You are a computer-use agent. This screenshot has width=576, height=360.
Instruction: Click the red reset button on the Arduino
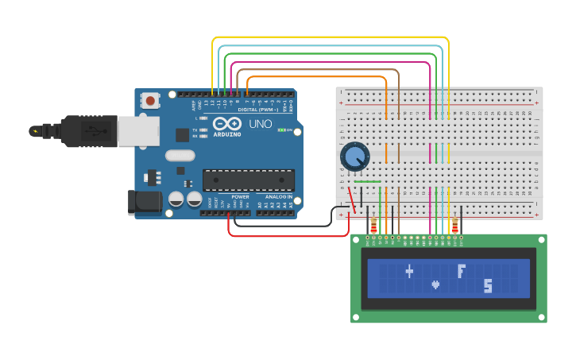pyautogui.click(x=149, y=100)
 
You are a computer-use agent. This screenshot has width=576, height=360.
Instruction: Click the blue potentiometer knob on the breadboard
pyautogui.click(x=354, y=157)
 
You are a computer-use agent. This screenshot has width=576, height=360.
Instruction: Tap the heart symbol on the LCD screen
pyautogui.click(x=435, y=284)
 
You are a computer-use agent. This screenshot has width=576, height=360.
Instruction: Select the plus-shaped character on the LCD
pyautogui.click(x=409, y=272)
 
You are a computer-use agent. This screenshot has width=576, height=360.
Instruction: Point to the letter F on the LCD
pyautogui.click(x=461, y=271)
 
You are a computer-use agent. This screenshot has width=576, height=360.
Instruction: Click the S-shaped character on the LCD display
pyautogui.click(x=488, y=285)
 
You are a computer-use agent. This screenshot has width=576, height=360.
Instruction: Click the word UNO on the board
pyautogui.click(x=261, y=124)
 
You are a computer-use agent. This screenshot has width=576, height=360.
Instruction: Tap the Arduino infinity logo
pyautogui.click(x=226, y=124)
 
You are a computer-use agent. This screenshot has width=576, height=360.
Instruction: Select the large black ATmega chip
pyautogui.click(x=248, y=180)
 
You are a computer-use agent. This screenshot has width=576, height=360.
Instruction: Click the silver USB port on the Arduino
pyautogui.click(x=137, y=131)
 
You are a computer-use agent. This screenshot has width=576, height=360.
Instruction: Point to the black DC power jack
pyautogui.click(x=145, y=202)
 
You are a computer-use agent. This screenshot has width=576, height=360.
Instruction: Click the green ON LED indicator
pyautogui.click(x=281, y=130)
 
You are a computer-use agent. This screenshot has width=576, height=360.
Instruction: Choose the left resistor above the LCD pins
pyautogui.click(x=373, y=226)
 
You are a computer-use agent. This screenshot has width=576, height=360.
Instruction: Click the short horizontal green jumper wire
pyautogui.click(x=367, y=182)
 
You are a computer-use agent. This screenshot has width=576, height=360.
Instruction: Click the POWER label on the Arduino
pyautogui.click(x=240, y=196)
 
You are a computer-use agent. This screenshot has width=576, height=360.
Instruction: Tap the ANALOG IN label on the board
pyautogui.click(x=278, y=196)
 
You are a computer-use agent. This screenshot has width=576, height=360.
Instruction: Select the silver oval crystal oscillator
pyautogui.click(x=180, y=156)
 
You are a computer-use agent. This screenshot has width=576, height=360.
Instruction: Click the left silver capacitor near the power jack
pyautogui.click(x=176, y=199)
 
